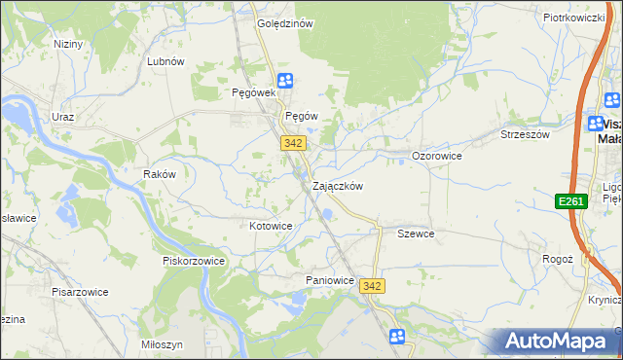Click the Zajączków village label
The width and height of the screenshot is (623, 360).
point(338,186)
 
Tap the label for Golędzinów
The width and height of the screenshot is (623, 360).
point(284,24)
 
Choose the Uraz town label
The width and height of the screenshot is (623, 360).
point(63,117)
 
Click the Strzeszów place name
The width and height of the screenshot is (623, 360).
point(525,134)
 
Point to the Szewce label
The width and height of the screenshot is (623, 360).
point(416,234)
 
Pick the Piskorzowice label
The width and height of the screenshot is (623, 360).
point(194,261)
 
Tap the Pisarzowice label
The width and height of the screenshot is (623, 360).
point(80,291)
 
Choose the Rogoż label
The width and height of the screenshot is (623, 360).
point(558,260)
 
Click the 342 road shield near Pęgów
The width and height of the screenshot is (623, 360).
point(294,142)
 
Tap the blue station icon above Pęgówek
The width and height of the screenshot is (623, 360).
point(284,81)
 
